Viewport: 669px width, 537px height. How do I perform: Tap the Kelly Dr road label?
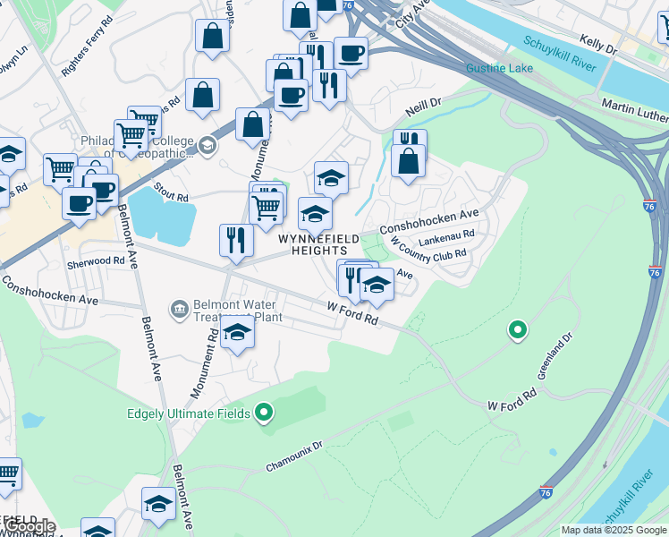click(598, 41)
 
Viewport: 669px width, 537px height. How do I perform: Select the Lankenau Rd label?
click(446, 237)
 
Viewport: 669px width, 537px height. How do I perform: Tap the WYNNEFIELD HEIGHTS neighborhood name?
click(318, 245)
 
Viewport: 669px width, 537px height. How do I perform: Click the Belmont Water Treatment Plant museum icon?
click(179, 310)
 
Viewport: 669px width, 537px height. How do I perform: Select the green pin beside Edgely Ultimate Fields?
click(263, 413)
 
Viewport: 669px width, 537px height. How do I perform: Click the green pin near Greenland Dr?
click(517, 330)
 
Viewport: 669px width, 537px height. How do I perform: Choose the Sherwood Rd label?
click(96, 261)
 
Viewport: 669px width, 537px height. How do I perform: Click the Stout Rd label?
click(170, 192)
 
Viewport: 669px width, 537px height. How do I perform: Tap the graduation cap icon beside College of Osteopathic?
click(207, 145)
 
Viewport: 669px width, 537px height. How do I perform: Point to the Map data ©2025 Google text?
click(614, 530)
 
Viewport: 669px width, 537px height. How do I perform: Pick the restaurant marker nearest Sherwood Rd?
click(235, 240)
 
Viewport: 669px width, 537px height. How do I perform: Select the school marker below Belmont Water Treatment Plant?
click(236, 332)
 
